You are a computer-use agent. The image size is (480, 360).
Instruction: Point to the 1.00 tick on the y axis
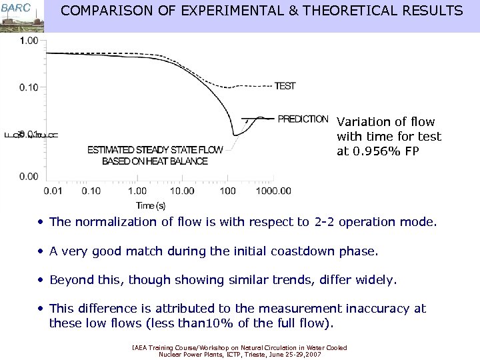coord(29,41)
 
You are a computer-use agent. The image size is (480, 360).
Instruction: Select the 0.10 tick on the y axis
coord(29,87)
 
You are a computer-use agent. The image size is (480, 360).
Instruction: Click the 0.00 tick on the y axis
coord(29,176)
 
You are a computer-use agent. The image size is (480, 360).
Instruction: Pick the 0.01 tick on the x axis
coord(53,191)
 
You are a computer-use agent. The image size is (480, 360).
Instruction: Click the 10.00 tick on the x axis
coord(181,191)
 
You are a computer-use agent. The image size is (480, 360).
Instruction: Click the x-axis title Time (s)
coord(151,205)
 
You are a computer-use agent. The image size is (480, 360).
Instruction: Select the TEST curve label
coord(285,86)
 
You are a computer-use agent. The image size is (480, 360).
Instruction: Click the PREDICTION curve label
coord(303,119)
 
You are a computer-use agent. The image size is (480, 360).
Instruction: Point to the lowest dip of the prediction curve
coord(235,135)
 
